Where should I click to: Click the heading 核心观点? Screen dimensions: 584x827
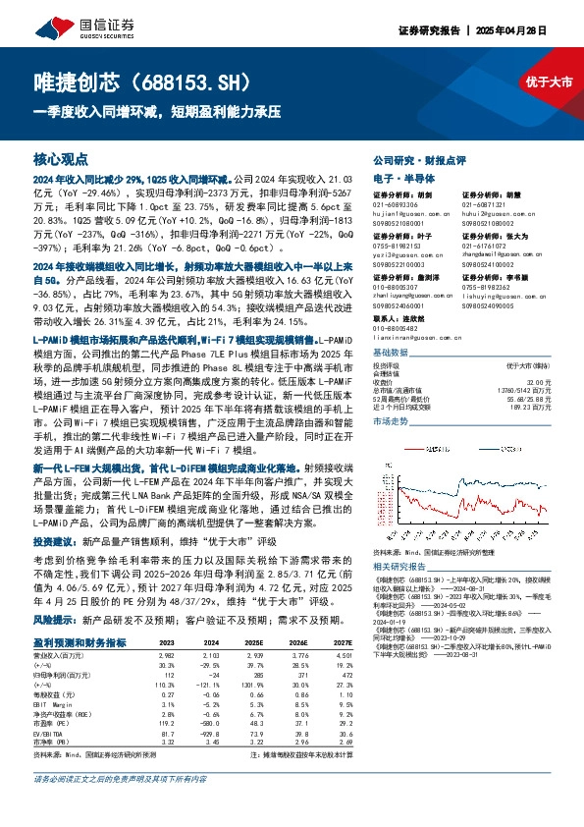pos(61,157)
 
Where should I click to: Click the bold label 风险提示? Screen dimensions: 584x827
pos(53,622)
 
